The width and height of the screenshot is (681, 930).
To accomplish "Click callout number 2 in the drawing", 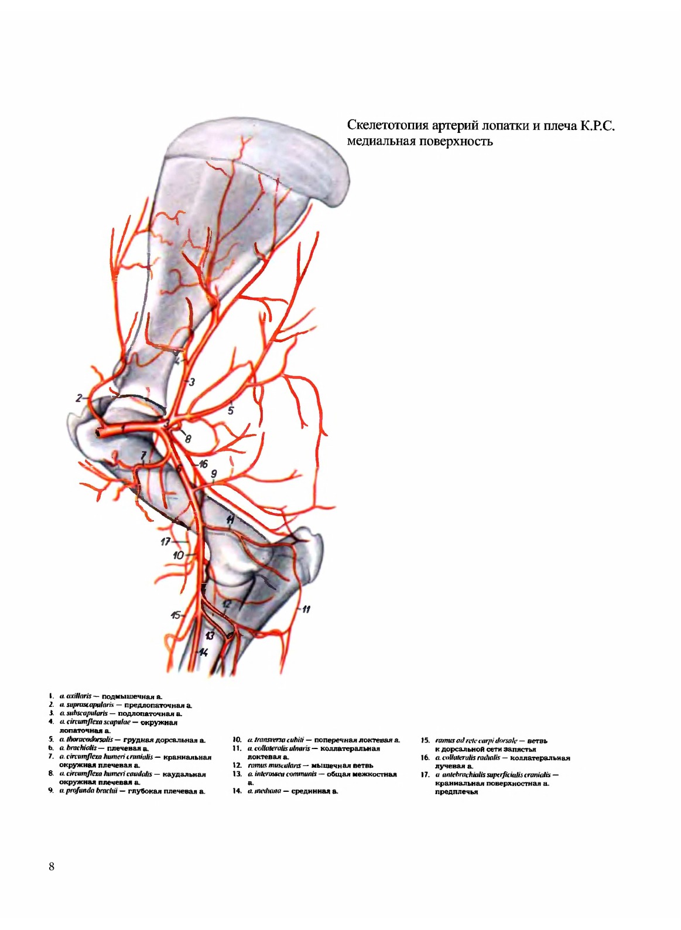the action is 78,398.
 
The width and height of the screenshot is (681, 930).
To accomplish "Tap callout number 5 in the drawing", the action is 231,411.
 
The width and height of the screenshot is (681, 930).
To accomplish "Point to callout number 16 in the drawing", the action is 203,464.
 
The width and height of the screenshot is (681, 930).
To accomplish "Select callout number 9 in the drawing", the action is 214,474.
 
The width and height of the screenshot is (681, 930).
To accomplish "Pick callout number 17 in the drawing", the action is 166,542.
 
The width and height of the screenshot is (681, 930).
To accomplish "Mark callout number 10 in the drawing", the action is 179,555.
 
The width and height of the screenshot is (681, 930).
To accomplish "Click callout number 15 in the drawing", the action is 175,615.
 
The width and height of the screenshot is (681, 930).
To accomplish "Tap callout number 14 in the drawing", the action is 203,652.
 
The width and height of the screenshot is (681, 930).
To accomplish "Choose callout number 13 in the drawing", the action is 210,636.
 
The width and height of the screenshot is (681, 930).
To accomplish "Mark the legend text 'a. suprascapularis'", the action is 84,705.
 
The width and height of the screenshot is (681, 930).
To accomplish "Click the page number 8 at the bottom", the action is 52,867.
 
